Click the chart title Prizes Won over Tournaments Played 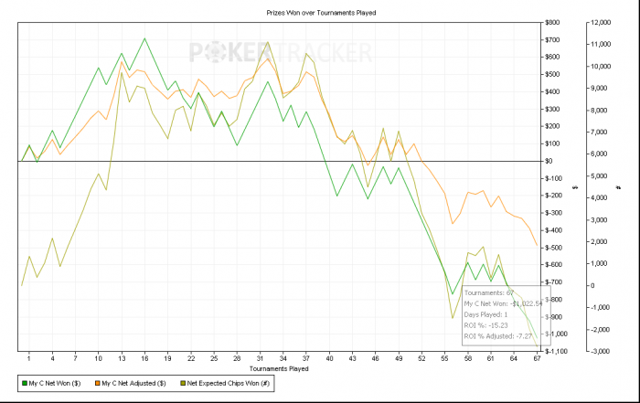315,13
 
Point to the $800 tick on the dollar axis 553,23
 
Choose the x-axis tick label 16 144,359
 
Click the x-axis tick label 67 536,359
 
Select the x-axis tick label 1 29,359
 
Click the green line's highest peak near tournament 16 144,38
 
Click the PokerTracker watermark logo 280,53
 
